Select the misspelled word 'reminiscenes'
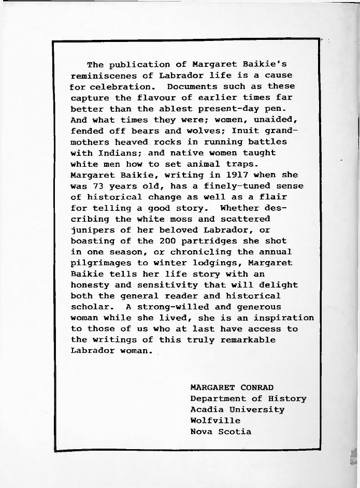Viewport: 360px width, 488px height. [x=102, y=76]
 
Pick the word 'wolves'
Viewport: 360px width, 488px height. [x=202, y=131]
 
